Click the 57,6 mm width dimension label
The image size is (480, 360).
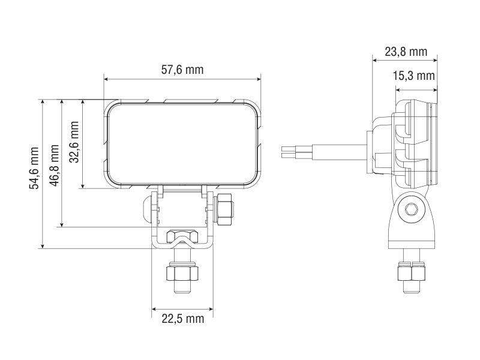[182, 70]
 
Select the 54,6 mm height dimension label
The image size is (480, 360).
[34, 168]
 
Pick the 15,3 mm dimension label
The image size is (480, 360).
[413, 76]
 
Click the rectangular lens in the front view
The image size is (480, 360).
[183, 143]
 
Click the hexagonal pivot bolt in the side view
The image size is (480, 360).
[412, 209]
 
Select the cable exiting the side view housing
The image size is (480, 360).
[324, 151]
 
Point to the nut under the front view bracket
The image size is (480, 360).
[181, 274]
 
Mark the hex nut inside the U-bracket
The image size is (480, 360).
[181, 236]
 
